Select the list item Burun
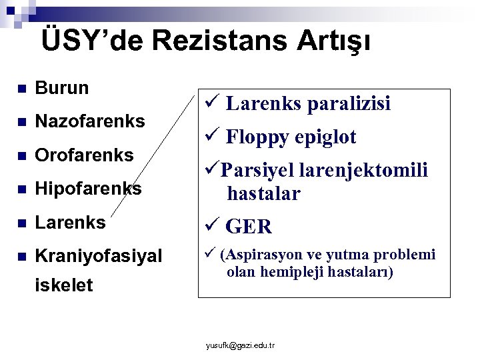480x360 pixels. (62, 88)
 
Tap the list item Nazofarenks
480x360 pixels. (90, 121)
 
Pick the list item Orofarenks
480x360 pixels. (85, 155)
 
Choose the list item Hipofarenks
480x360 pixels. (88, 189)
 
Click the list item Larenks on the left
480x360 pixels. (70, 223)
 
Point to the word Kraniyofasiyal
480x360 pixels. (99, 256)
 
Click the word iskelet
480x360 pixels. (64, 285)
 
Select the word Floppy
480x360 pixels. (257, 137)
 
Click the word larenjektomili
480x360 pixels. (364, 171)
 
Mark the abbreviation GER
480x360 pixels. (249, 227)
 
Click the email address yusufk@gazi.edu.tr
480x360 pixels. (241, 345)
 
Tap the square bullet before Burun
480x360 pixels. (21, 89)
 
